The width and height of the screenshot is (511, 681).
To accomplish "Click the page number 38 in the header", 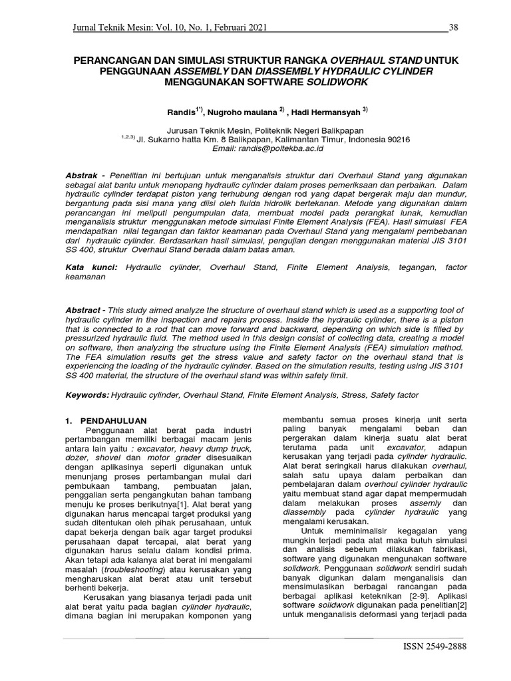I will tap(454, 27).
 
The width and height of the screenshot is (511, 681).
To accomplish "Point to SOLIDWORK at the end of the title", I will tap(337, 82).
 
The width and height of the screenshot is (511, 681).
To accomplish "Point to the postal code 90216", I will tap(397, 140).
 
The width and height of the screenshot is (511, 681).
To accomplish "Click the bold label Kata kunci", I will tap(90, 267).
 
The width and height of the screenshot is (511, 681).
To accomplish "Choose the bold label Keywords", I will tap(86, 395).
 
